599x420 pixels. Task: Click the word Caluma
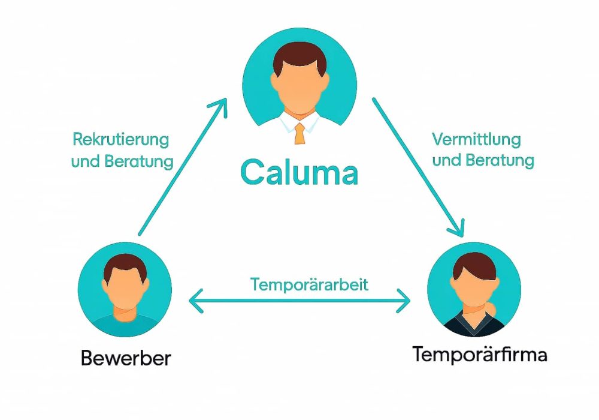click(x=299, y=172)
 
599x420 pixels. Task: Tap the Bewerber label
click(x=126, y=358)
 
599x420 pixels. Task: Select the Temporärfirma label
click(x=479, y=355)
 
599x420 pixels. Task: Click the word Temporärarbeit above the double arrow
click(x=301, y=284)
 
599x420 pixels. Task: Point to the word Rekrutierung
click(x=120, y=140)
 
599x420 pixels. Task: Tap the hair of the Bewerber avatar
click(x=125, y=265)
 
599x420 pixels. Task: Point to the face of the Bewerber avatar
click(x=125, y=288)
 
